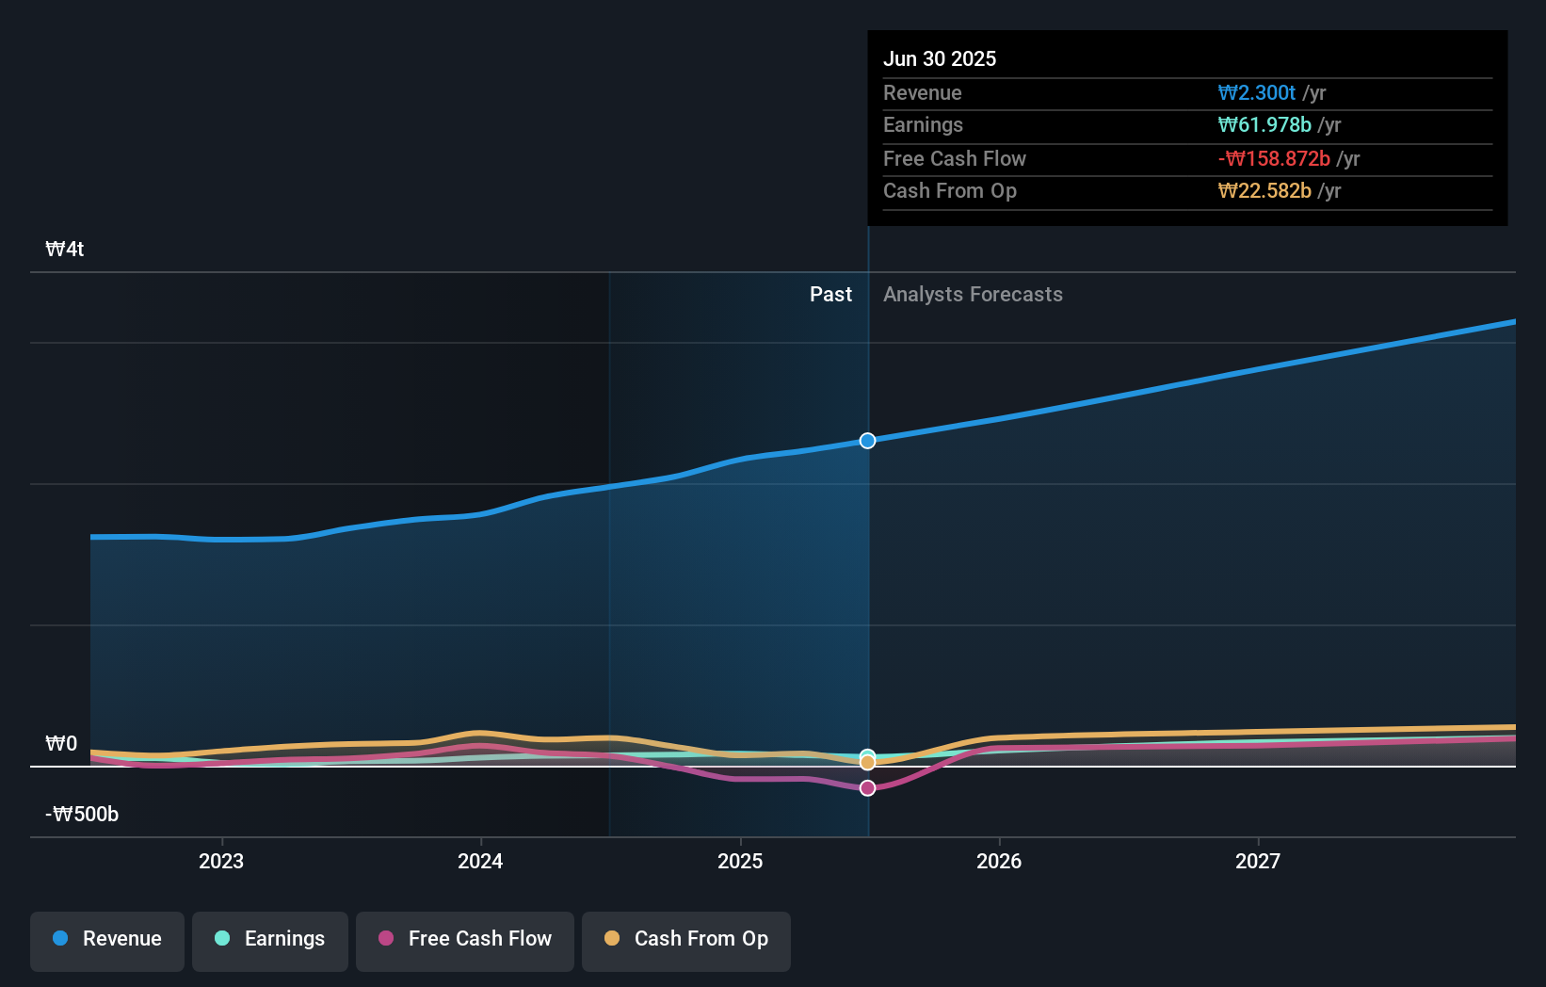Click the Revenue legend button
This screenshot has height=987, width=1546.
[107, 939]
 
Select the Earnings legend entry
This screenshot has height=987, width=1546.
[270, 939]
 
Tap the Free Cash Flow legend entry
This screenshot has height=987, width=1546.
[465, 939]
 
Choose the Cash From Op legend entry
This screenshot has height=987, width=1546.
[686, 939]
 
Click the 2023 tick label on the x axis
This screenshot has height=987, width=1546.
[221, 861]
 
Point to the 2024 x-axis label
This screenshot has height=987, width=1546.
[480, 861]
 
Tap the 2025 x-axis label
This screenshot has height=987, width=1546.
[740, 861]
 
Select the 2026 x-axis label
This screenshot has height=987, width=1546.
[999, 861]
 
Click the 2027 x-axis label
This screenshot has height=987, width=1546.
[1258, 861]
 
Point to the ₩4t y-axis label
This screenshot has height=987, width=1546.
[65, 250]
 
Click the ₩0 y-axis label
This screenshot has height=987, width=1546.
[61, 744]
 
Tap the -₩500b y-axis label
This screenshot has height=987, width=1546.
[82, 815]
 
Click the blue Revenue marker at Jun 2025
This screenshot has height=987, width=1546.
[867, 441]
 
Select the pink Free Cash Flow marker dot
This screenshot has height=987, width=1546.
[867, 787]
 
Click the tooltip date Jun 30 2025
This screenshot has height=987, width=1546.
[940, 58]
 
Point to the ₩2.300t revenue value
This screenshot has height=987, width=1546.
[1257, 92]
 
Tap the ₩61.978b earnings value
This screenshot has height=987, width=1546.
[1264, 125]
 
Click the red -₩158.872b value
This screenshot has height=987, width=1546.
[1274, 158]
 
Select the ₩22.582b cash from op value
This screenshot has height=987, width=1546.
[1264, 191]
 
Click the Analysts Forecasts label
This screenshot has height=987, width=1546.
[973, 295]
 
